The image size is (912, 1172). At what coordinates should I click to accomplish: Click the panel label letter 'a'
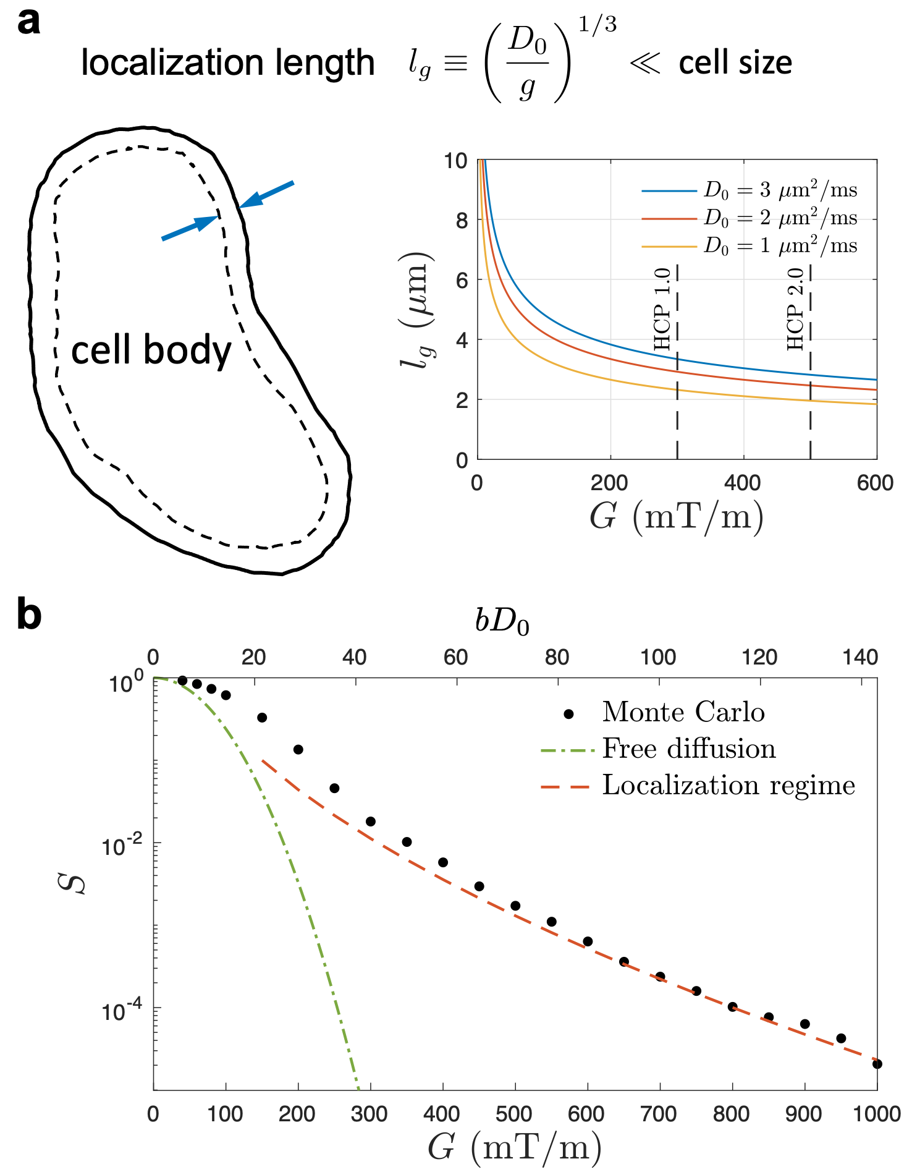pos(29,23)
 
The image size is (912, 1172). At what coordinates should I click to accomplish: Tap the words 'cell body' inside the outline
pos(151,350)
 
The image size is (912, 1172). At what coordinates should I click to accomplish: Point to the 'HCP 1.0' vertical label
pos(662,309)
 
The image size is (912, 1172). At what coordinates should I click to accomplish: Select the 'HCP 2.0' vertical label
pos(796,309)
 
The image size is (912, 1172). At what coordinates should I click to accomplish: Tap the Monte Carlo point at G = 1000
pos(877,1064)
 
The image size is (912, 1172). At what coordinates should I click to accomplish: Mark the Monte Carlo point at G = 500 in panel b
pos(515,906)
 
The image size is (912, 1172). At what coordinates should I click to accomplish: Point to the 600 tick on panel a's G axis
pos(875,483)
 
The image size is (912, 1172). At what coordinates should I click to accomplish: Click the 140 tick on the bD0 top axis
pos(860,657)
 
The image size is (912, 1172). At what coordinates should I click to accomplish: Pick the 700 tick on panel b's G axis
pos(659,1114)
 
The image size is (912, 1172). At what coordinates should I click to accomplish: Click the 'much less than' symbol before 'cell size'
pos(645,64)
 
